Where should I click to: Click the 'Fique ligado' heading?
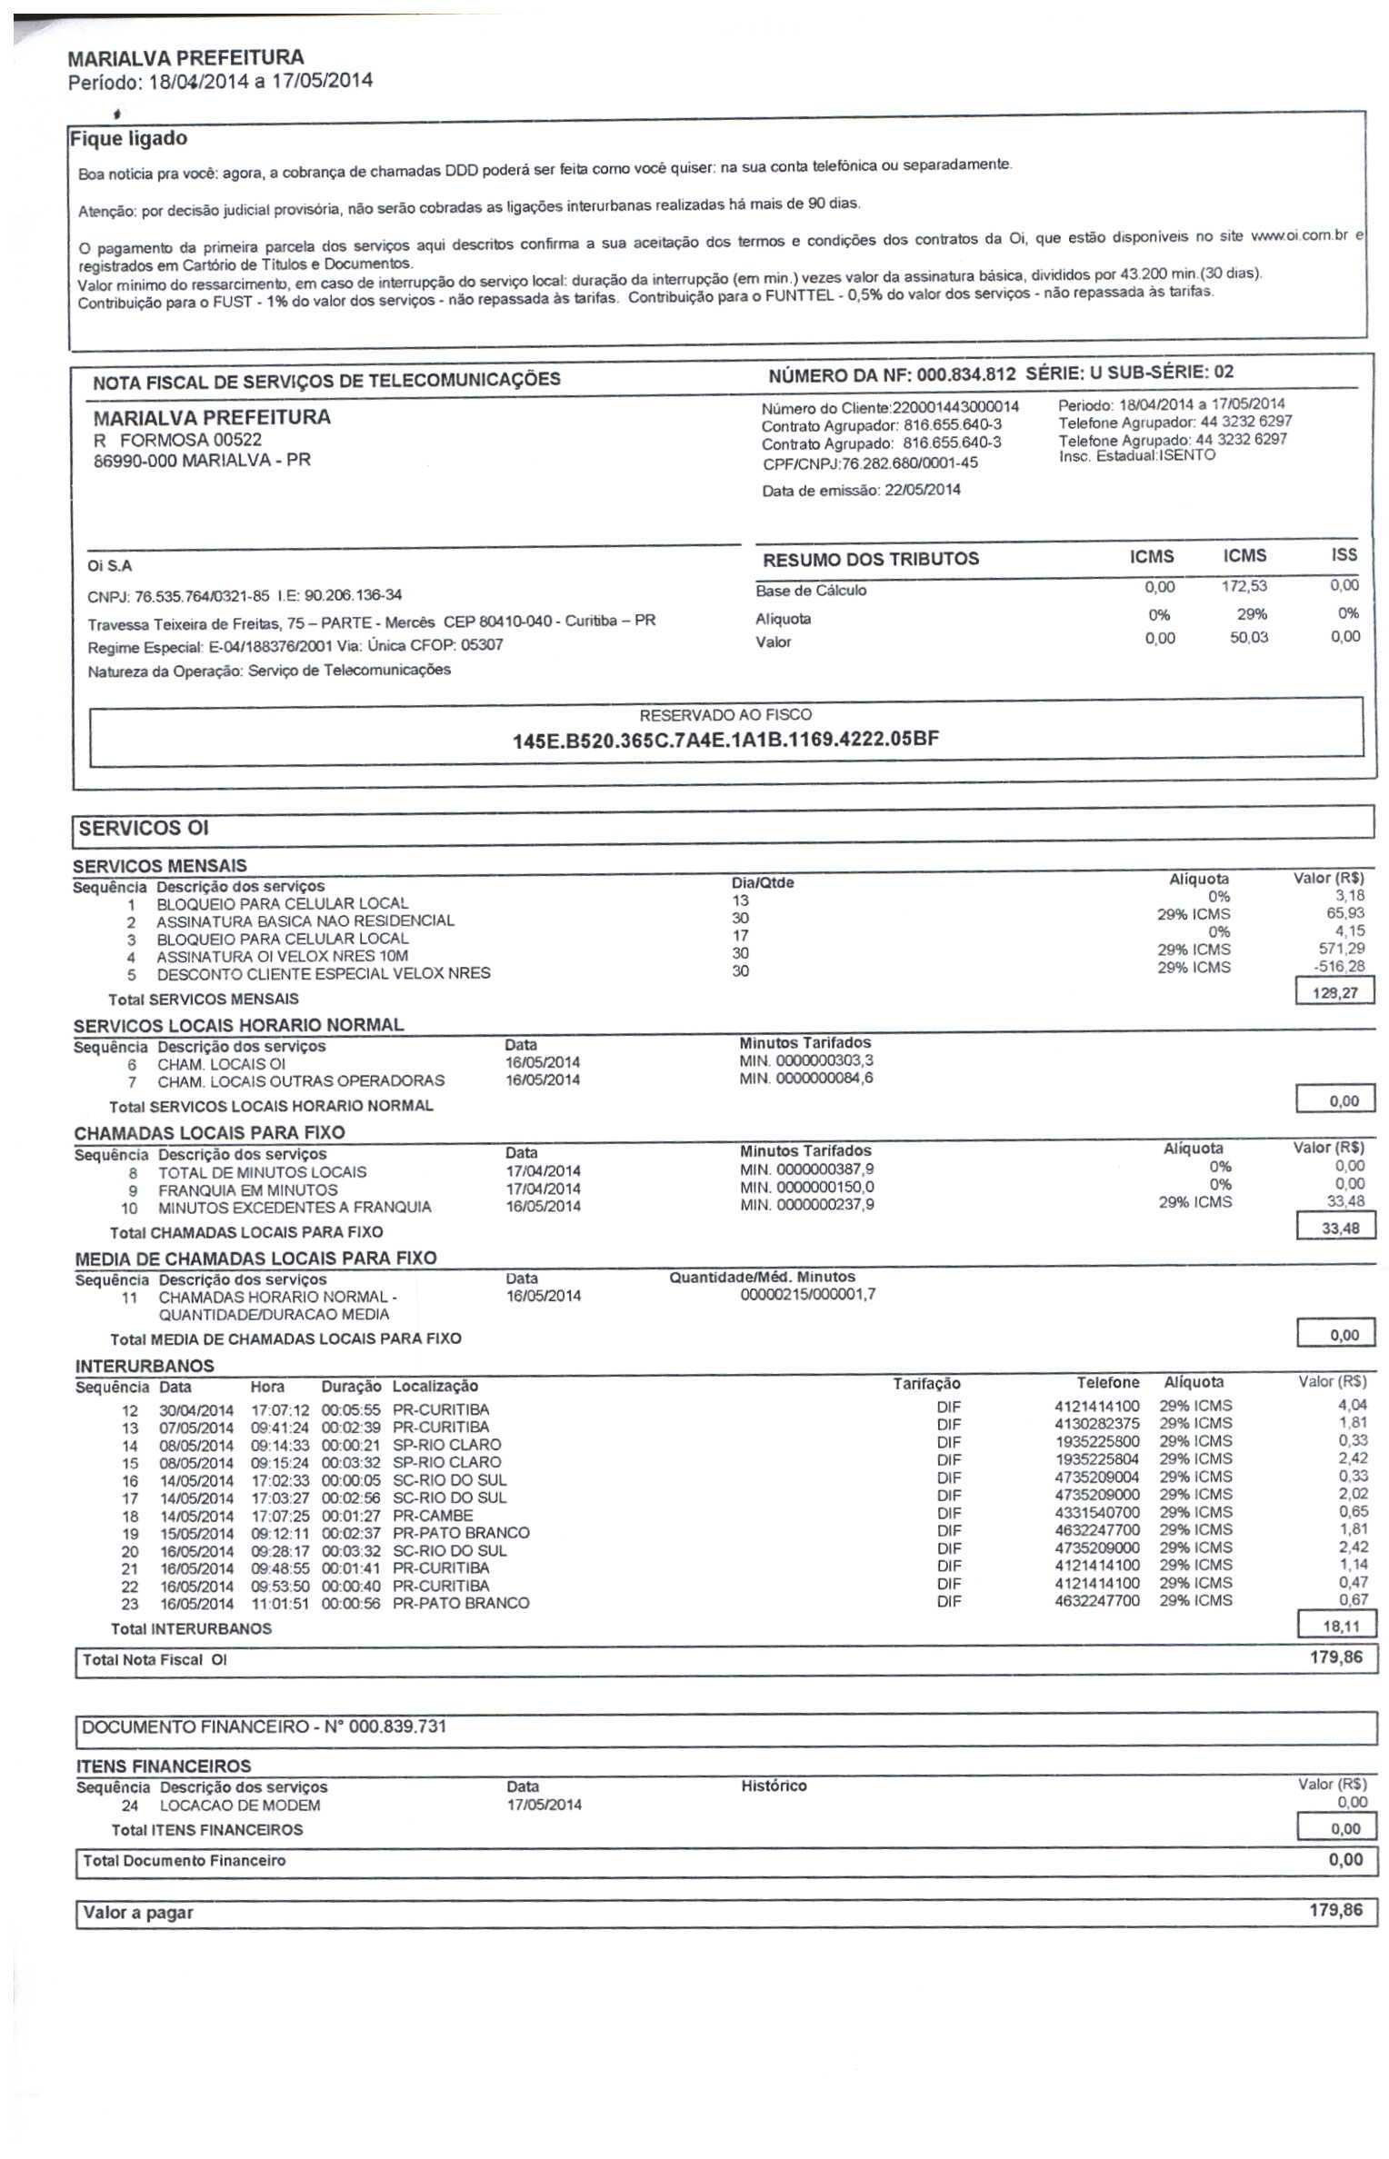[128, 139]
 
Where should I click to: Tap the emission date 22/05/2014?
[922, 490]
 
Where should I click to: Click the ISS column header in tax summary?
[1344, 555]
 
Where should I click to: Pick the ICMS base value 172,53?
[1244, 587]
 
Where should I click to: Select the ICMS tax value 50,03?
[1248, 638]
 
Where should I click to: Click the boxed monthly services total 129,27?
[1334, 992]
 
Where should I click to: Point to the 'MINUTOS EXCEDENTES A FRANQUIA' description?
[295, 1208]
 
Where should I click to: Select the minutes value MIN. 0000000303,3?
[807, 1060]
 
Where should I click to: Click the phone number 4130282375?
[1096, 1424]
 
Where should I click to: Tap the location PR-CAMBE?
[433, 1516]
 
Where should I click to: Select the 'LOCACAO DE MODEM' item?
[240, 1806]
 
